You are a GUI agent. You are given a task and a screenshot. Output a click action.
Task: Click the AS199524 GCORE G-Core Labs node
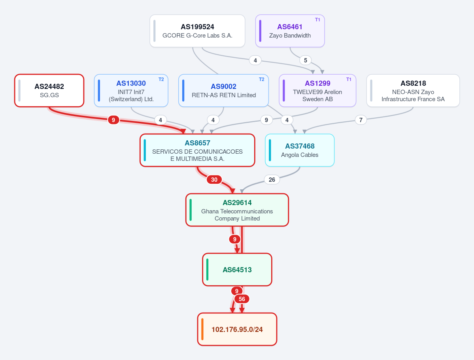click(197, 31)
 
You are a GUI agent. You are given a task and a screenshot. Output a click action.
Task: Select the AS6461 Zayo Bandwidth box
click(290, 31)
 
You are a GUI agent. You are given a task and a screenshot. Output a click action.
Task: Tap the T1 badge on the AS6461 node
click(317, 20)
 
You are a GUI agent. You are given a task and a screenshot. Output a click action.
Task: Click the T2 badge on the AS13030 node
click(161, 79)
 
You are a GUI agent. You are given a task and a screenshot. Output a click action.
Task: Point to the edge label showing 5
click(305, 60)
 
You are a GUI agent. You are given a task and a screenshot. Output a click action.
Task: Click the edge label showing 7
click(361, 120)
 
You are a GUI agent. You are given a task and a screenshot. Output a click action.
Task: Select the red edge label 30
click(214, 179)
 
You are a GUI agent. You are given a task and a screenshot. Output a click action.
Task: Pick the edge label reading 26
click(272, 179)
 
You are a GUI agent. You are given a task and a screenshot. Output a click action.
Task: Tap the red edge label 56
click(242, 299)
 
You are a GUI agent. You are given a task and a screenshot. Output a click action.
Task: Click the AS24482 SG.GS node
click(49, 90)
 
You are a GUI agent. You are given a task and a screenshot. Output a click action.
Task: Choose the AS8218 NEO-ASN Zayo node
click(413, 90)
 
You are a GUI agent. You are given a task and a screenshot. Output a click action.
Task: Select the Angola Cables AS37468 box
click(300, 150)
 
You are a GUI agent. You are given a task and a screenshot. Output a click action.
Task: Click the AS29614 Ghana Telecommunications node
click(237, 210)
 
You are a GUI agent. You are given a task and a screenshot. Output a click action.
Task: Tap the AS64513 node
click(237, 270)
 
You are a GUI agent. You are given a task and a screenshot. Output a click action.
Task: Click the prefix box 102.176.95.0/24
click(237, 329)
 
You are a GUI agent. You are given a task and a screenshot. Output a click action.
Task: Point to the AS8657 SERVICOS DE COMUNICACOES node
click(197, 150)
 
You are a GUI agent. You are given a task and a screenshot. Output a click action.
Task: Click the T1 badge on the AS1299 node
click(349, 79)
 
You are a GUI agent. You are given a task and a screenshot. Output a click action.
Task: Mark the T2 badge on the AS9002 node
click(261, 79)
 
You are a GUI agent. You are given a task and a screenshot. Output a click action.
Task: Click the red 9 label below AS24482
click(113, 120)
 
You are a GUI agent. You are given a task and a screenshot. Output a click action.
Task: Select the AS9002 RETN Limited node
click(223, 90)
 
